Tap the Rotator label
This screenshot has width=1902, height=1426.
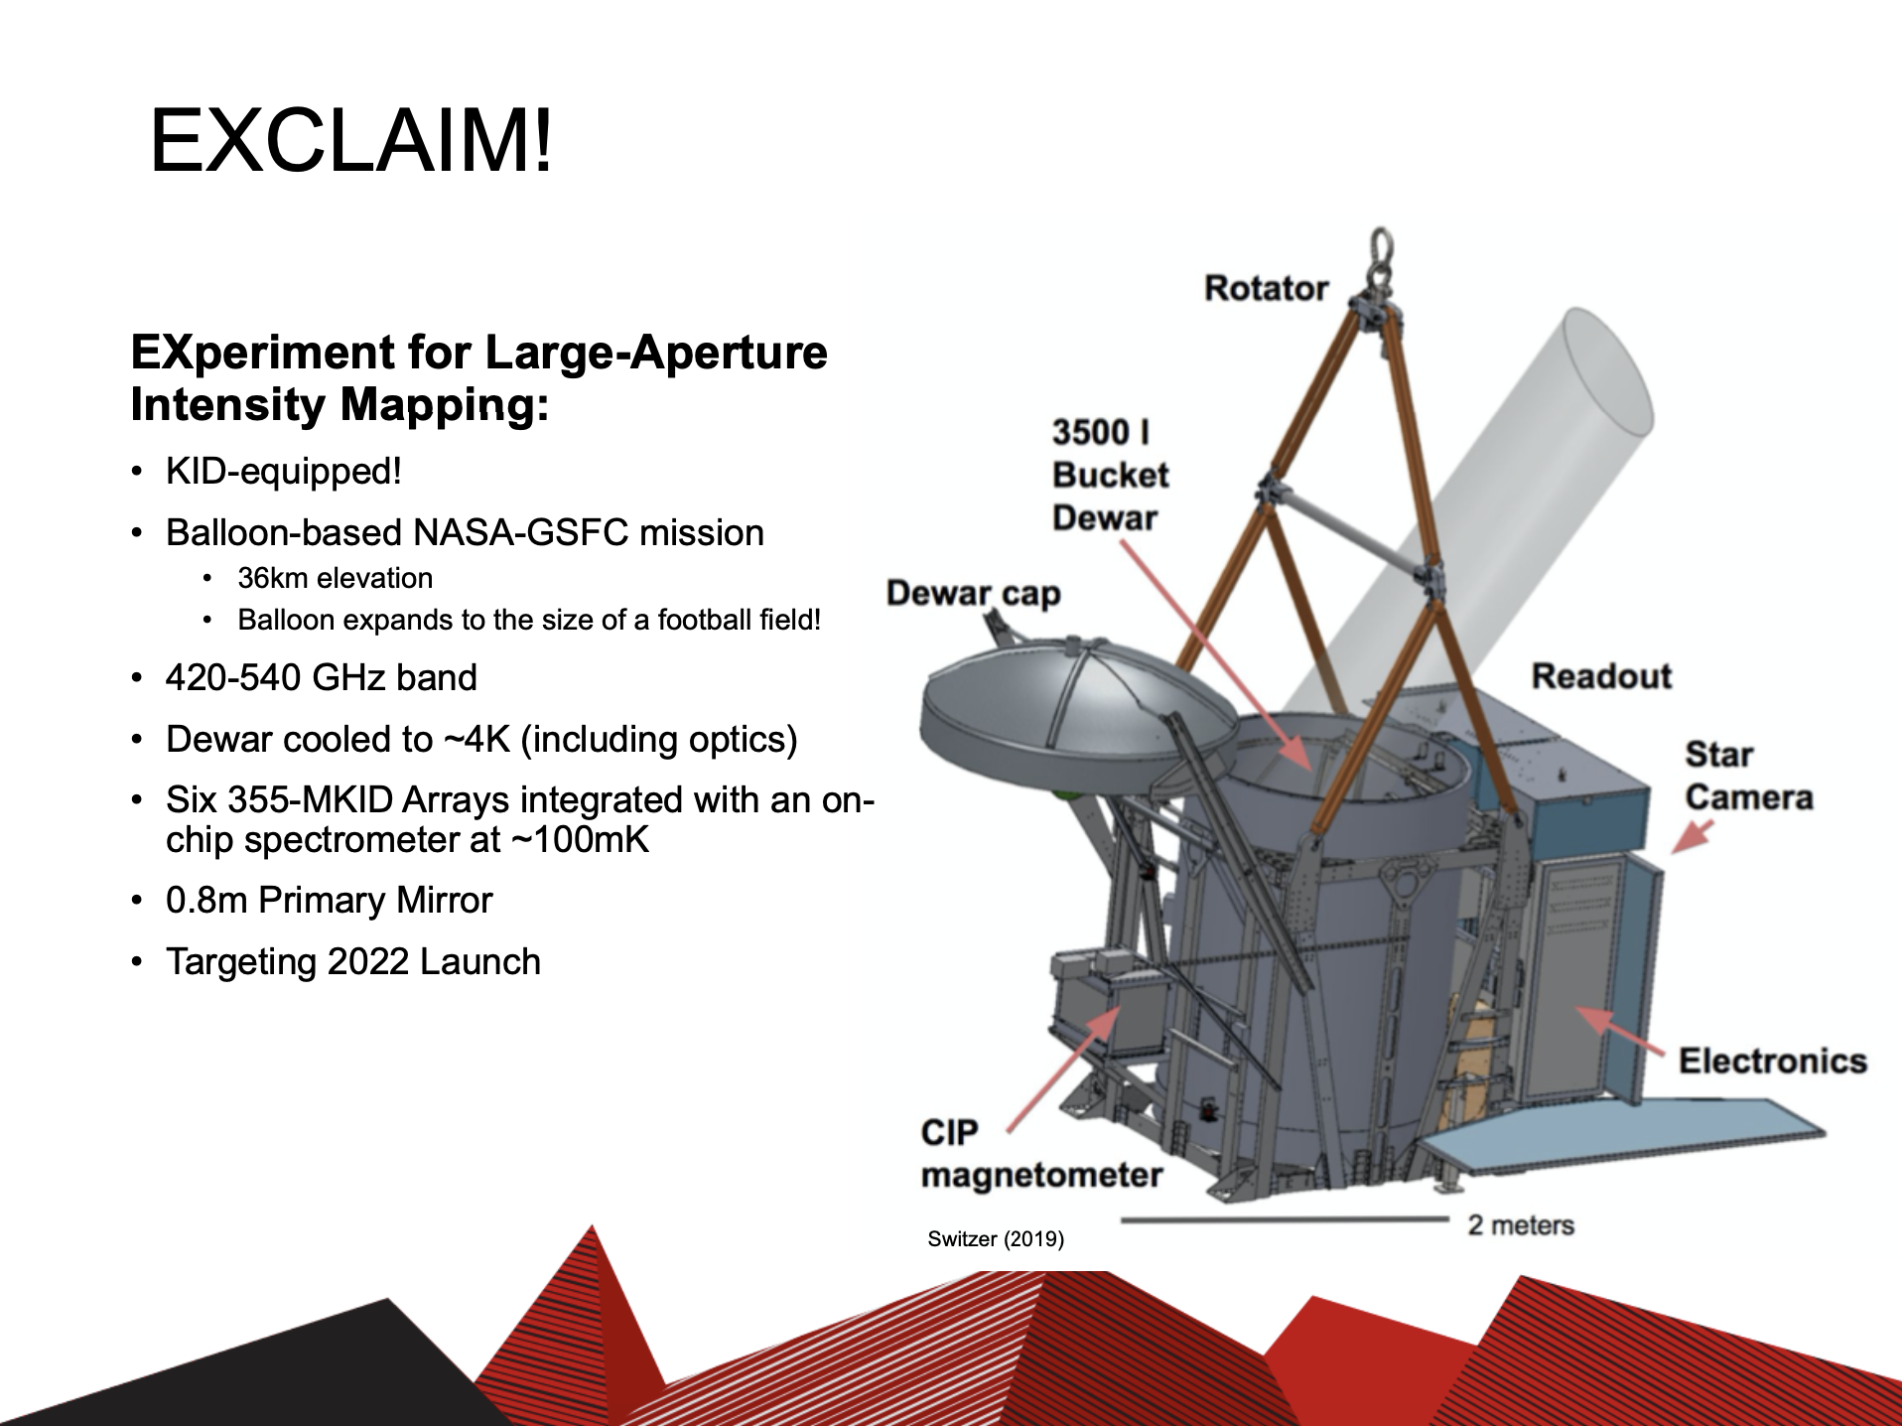(x=1266, y=288)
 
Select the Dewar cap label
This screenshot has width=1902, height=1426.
(x=973, y=593)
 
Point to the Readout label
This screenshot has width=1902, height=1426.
(x=1601, y=676)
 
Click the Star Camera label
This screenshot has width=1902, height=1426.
(x=1748, y=776)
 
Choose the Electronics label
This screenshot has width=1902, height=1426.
(x=1772, y=1061)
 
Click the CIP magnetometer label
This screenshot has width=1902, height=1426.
(x=1041, y=1154)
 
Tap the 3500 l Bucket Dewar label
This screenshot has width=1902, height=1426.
(x=1110, y=475)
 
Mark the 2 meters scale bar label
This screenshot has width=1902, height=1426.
(x=1521, y=1224)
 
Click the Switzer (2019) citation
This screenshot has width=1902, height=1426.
(x=996, y=1238)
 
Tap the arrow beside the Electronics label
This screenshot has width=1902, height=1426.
(x=1620, y=1031)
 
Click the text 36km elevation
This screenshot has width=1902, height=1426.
(x=336, y=578)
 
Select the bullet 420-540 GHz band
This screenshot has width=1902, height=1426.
(x=322, y=677)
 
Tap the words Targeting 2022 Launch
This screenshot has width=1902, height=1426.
(x=353, y=961)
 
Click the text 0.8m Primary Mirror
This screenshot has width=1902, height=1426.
(x=330, y=900)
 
